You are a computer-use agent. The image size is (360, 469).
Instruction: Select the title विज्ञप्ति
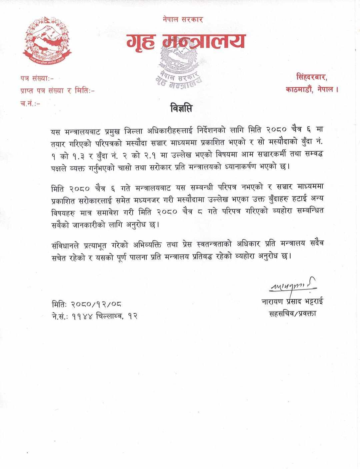181,109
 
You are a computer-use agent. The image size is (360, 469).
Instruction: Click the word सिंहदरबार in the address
311,78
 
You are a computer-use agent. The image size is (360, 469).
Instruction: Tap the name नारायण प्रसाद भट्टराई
292,302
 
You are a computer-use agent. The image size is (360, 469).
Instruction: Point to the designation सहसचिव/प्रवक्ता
292,313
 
